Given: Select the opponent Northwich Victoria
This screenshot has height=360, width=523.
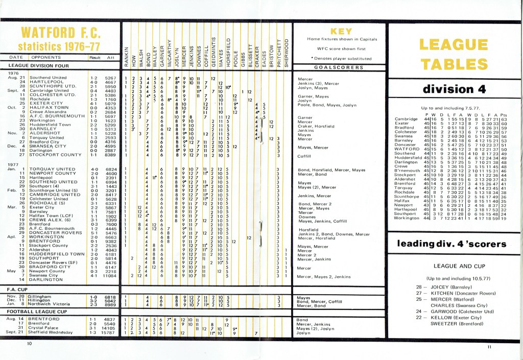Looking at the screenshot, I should (x=54, y=305).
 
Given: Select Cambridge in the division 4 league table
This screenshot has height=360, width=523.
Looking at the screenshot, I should (x=407, y=118).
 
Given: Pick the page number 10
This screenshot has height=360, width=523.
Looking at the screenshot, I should (x=29, y=344).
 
